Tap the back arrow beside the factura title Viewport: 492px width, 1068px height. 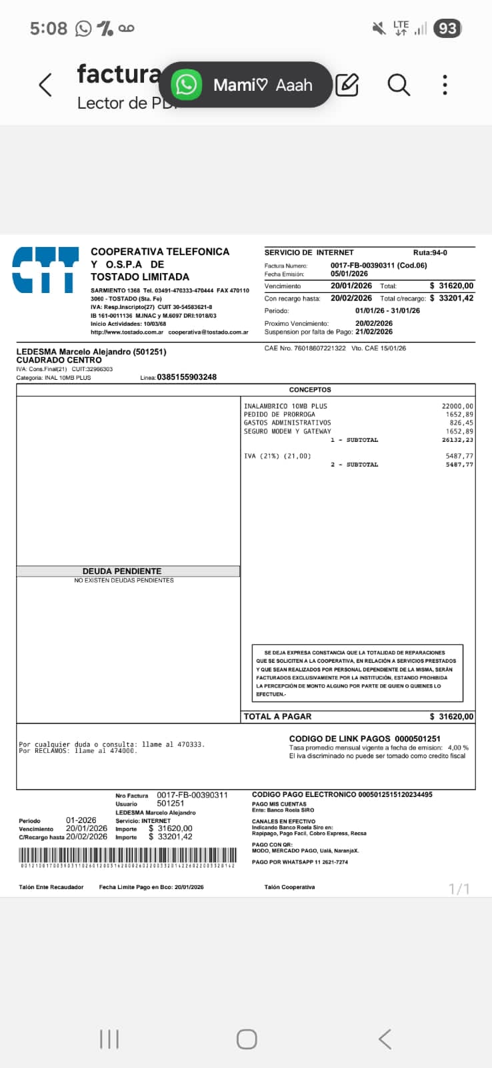click(45, 85)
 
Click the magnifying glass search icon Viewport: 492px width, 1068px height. click(399, 85)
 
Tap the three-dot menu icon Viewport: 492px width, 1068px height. click(445, 85)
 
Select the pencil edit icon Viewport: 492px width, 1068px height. click(347, 85)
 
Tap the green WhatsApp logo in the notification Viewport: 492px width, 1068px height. click(186, 85)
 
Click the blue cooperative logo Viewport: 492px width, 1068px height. click(45, 270)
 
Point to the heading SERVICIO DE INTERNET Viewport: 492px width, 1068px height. click(309, 252)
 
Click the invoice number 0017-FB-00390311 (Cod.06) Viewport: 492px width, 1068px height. click(379, 265)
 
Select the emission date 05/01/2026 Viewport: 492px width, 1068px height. click(349, 274)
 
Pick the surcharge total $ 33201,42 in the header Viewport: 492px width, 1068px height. click(451, 298)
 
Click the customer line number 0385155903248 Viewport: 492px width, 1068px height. click(187, 377)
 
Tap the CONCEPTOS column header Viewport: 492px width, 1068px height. click(310, 390)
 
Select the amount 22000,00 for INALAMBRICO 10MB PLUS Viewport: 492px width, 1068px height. click(457, 406)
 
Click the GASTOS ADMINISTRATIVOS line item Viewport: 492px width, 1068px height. click(287, 423)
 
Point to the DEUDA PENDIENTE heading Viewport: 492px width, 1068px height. click(122, 571)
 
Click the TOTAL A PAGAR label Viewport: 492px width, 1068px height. click(278, 716)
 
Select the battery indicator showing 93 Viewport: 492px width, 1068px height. click(447, 28)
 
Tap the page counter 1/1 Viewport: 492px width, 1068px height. click(459, 889)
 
